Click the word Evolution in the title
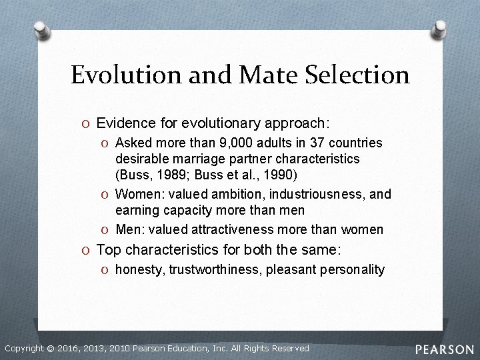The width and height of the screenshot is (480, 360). [x=117, y=75]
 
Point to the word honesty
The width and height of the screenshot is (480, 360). [x=139, y=269]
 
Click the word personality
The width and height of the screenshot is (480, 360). [x=352, y=269]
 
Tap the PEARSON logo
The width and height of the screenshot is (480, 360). [x=445, y=349]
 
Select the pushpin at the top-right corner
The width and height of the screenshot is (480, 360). [x=439, y=28]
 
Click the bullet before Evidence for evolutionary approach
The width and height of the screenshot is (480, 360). [x=87, y=123]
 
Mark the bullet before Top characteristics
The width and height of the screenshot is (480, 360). [x=87, y=251]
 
